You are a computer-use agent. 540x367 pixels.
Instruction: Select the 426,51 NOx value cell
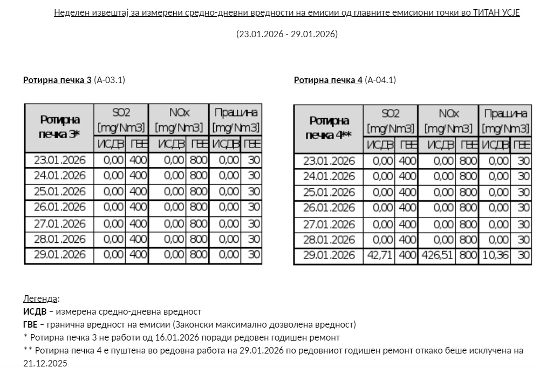(x=437, y=255)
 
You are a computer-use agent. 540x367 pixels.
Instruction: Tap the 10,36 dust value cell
(x=495, y=255)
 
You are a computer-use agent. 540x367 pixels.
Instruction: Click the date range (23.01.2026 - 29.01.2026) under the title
(x=286, y=34)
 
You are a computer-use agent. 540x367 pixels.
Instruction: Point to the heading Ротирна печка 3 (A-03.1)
(x=74, y=80)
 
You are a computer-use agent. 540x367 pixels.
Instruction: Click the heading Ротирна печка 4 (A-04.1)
(x=345, y=80)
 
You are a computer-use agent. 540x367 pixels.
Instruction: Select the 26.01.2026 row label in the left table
(x=59, y=207)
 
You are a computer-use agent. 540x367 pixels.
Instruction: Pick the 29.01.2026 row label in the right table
(x=329, y=255)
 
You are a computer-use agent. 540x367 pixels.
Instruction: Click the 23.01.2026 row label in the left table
(x=59, y=160)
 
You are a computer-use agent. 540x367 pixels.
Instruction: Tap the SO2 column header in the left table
(x=121, y=120)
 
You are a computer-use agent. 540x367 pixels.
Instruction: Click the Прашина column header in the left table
(x=236, y=120)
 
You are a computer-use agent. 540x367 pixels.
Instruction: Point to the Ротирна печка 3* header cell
(x=59, y=128)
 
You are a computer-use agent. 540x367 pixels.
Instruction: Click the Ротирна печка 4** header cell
(x=329, y=128)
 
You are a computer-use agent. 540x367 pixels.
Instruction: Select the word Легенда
(x=40, y=298)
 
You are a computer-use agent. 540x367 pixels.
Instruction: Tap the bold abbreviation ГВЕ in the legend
(x=30, y=324)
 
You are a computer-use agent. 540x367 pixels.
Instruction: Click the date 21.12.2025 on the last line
(x=45, y=363)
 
